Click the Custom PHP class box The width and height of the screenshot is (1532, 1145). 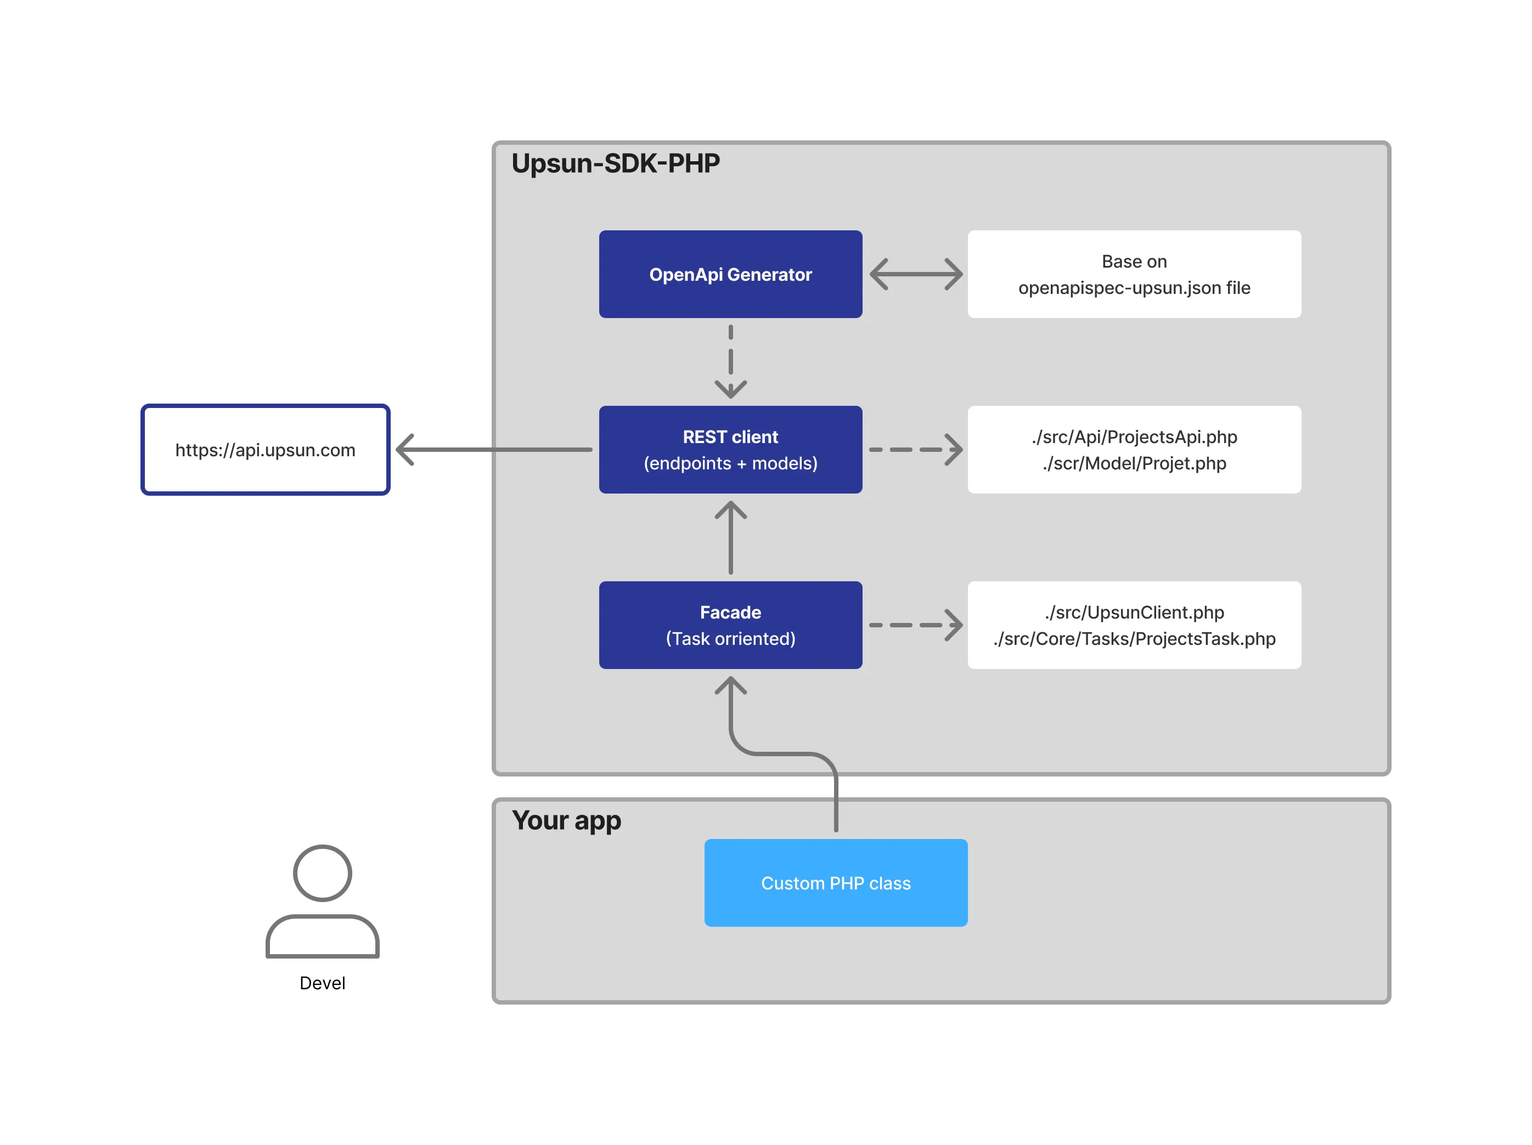835,883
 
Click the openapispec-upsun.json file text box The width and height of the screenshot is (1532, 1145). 1134,274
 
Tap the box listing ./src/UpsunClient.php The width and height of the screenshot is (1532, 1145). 1134,625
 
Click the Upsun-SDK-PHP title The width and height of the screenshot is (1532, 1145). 615,163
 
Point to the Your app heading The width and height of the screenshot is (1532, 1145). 566,820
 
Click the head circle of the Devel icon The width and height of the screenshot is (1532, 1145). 322,872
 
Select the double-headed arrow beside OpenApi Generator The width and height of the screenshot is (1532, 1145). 916,274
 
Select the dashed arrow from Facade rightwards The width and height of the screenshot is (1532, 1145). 916,625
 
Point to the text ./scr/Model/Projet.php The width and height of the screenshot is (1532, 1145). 1134,463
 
